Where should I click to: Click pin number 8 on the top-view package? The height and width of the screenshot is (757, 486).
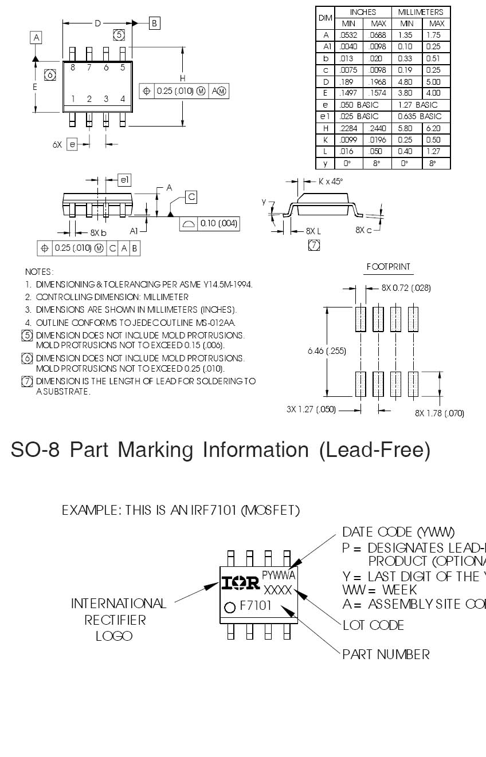click(x=73, y=68)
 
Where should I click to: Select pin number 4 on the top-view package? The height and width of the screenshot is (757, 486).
click(x=123, y=99)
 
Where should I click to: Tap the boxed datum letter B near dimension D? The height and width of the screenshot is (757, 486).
click(x=154, y=23)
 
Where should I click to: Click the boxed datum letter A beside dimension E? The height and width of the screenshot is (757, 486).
click(x=36, y=38)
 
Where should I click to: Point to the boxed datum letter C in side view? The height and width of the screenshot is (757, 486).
click(x=191, y=197)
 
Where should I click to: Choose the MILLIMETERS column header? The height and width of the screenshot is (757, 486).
click(x=421, y=12)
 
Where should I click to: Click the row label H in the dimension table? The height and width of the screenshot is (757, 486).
click(x=325, y=128)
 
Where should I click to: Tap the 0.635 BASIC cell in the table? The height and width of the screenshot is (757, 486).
click(x=421, y=116)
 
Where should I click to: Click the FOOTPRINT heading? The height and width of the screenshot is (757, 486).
click(x=389, y=267)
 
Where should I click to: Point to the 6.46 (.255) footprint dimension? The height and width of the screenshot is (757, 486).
click(x=327, y=351)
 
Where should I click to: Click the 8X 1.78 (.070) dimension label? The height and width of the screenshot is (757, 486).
click(x=440, y=413)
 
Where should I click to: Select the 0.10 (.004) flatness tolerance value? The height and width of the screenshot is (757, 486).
click(x=218, y=223)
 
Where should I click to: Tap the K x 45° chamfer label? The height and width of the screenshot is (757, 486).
click(x=331, y=182)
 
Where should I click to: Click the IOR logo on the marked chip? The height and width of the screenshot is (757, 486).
click(x=241, y=583)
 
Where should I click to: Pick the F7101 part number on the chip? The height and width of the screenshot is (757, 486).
click(x=256, y=606)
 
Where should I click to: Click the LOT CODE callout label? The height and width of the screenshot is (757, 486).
click(x=373, y=625)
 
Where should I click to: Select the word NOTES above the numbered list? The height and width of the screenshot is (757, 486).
click(x=39, y=272)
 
